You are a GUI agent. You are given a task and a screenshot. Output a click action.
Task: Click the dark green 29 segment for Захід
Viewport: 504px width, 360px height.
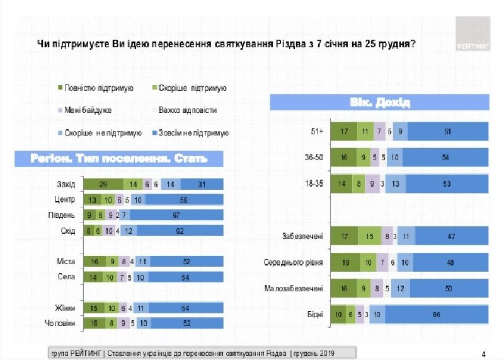103,184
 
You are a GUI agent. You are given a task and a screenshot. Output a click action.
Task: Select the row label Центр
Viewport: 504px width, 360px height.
65,200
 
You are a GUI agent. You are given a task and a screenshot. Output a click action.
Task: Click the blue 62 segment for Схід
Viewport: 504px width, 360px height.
179,231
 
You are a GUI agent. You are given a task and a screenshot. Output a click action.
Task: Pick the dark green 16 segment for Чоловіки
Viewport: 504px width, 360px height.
93,323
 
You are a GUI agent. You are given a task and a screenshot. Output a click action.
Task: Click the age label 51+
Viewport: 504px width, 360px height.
316,131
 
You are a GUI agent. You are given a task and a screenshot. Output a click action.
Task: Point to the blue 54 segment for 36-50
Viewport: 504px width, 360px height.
445,157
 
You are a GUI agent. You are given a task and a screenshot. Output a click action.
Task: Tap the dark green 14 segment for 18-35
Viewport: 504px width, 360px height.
342,183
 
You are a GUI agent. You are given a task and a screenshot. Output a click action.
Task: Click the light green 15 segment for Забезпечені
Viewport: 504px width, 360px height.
369,236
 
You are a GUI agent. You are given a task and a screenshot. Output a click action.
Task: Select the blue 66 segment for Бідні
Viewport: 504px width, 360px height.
437,314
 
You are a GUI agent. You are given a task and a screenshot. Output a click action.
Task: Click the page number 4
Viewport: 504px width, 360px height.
483,352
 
